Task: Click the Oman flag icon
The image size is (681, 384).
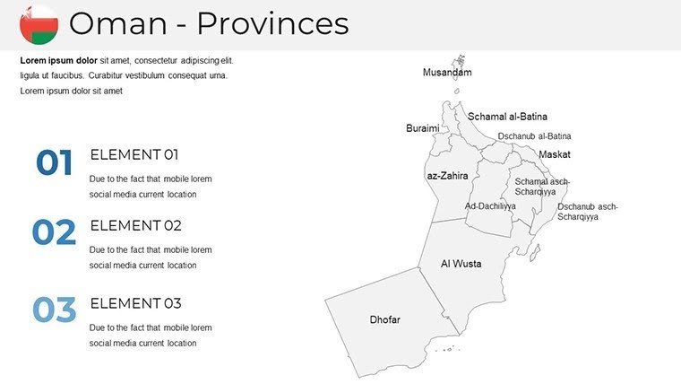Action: (x=39, y=24)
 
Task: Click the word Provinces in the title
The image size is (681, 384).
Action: (x=272, y=24)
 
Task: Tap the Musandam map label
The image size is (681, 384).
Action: (x=447, y=73)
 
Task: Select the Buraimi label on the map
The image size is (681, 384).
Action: (x=423, y=128)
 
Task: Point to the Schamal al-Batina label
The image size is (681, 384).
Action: (x=507, y=117)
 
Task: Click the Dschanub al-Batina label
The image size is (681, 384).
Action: (x=534, y=136)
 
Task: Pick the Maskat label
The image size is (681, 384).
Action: (x=554, y=154)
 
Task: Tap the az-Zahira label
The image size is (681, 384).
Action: (x=447, y=176)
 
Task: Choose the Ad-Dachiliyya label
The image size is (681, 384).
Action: (x=490, y=206)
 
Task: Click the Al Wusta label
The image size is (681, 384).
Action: (x=461, y=264)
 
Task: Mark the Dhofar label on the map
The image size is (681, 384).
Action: (x=384, y=320)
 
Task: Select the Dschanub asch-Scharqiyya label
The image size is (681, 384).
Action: (x=587, y=212)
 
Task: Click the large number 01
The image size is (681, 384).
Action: (x=54, y=163)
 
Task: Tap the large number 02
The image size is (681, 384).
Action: (x=54, y=233)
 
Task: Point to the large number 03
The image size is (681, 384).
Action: (x=54, y=310)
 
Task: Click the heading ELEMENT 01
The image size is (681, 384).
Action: (x=134, y=154)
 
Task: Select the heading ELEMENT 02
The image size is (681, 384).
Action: (x=135, y=225)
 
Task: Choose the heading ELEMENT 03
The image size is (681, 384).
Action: (x=135, y=303)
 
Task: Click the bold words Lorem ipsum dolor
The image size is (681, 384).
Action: (x=59, y=60)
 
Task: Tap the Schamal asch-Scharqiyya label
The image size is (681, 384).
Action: (x=541, y=187)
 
